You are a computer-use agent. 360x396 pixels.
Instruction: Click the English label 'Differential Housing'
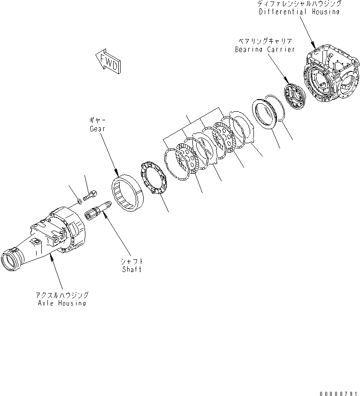299,11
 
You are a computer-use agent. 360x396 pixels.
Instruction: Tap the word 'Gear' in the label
97,128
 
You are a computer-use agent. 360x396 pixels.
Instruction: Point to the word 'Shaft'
132,269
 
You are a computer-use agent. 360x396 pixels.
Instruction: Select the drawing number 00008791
339,391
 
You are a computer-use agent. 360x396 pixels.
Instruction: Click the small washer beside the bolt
80,202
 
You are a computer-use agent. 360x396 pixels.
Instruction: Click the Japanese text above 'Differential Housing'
299,4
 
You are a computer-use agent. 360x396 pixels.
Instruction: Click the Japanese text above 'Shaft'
132,261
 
